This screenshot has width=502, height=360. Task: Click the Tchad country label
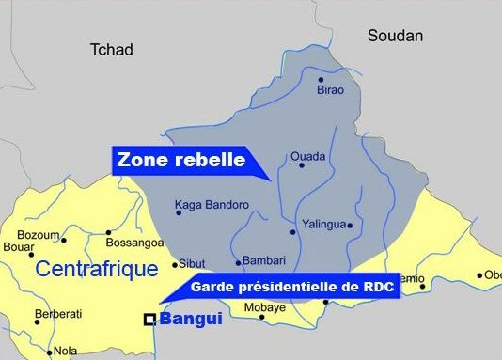[x=111, y=49]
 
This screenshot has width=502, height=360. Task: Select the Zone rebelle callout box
[x=180, y=160]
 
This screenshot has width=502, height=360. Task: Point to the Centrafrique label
[x=96, y=270]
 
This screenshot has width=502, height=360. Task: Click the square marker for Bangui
[x=149, y=320]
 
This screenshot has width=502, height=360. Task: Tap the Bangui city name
[x=192, y=320]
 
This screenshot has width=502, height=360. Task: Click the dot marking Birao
[x=321, y=80]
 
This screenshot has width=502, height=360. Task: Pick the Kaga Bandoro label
[x=212, y=204]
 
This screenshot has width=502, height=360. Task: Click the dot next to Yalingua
[x=349, y=226]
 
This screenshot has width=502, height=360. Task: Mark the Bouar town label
[x=19, y=248]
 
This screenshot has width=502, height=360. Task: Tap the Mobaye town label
[x=264, y=306]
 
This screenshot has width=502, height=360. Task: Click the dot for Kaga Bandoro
[x=178, y=212]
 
